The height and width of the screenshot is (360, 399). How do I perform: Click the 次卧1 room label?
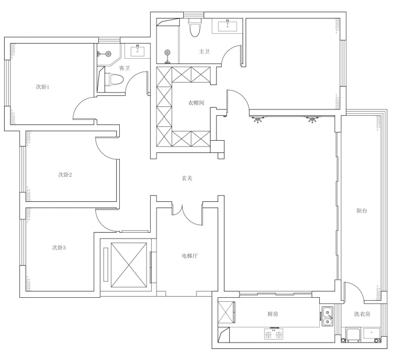pyautogui.click(x=42, y=87)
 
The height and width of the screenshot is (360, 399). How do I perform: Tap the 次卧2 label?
pyautogui.click(x=65, y=175)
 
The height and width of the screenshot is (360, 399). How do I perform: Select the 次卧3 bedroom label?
pyautogui.click(x=59, y=248)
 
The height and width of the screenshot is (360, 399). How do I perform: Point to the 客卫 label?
pyautogui.click(x=124, y=68)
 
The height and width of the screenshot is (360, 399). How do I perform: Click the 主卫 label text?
pyautogui.click(x=204, y=52)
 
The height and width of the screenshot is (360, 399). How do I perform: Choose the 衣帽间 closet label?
pyautogui.click(x=196, y=103)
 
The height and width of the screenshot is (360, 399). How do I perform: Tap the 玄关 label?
pyautogui.click(x=187, y=178)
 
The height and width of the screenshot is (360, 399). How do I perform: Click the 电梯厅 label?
pyautogui.click(x=190, y=256)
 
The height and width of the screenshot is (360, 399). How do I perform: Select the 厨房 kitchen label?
pyautogui.click(x=273, y=314)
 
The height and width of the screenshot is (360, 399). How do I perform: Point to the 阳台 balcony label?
pyautogui.click(x=362, y=211)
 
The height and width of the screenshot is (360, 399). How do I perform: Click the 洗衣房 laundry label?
pyautogui.click(x=362, y=314)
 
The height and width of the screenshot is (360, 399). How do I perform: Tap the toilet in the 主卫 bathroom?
pyautogui.click(x=195, y=27)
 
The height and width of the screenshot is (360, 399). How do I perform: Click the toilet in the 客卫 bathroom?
pyautogui.click(x=114, y=79)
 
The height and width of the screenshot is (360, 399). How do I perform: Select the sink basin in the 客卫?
pyautogui.click(x=138, y=51)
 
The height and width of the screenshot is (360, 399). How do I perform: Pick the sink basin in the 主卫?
pyautogui.click(x=227, y=26)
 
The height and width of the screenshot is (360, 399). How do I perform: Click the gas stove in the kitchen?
pyautogui.click(x=273, y=334)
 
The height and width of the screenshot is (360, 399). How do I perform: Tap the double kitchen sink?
pyautogui.click(x=327, y=316)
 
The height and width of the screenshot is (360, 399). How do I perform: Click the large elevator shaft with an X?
pyautogui.click(x=129, y=265)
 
